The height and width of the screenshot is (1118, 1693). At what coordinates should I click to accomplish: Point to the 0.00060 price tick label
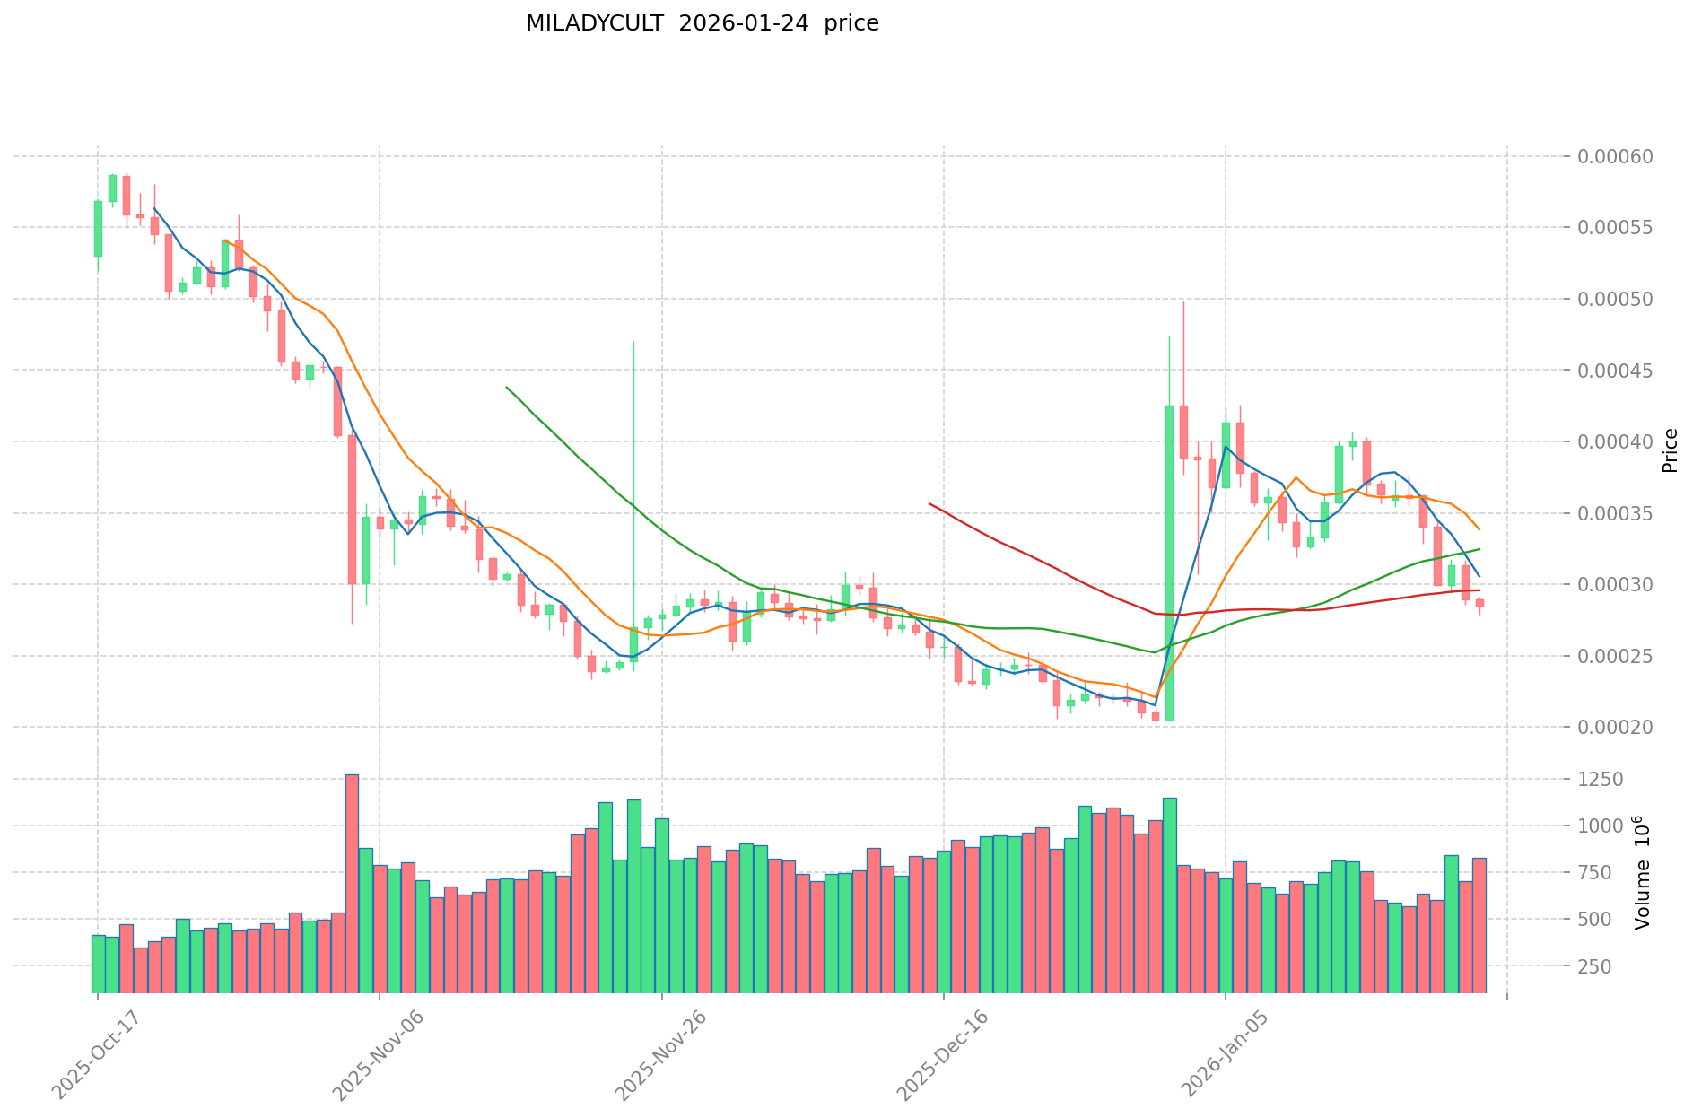click(x=1616, y=157)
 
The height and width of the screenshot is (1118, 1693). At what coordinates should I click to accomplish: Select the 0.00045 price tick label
click(x=1616, y=371)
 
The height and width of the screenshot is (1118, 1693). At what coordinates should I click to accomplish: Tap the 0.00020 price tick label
click(x=1616, y=728)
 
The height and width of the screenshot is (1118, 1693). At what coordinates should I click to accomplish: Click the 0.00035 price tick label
click(x=1616, y=514)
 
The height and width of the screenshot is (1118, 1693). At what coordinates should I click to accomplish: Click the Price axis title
click(x=1670, y=450)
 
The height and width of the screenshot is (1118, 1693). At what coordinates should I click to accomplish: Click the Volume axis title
click(x=1643, y=872)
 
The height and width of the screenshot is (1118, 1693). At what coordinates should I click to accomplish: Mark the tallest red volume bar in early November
click(x=352, y=884)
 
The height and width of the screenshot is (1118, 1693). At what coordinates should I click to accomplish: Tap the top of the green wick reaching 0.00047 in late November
click(x=634, y=342)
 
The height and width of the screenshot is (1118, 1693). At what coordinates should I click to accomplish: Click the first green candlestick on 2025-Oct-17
click(x=98, y=229)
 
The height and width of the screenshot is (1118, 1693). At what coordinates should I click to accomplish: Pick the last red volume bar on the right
click(x=1479, y=925)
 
